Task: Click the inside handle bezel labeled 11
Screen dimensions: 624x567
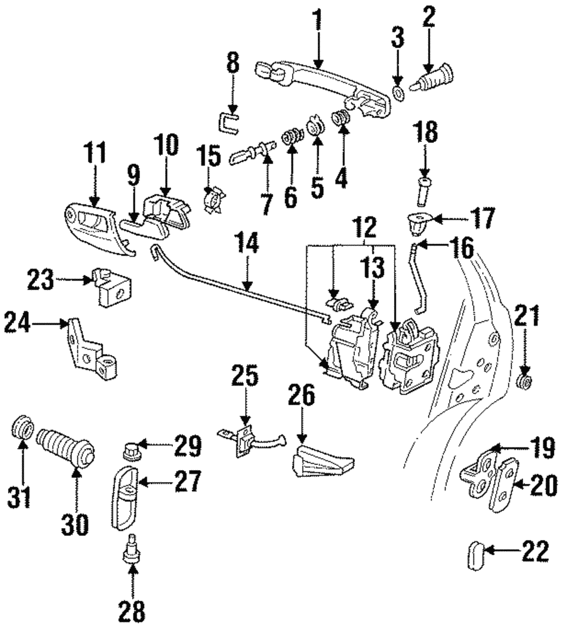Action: tap(94, 226)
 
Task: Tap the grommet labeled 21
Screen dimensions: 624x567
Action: tap(525, 382)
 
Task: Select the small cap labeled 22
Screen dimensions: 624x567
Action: tap(476, 554)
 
